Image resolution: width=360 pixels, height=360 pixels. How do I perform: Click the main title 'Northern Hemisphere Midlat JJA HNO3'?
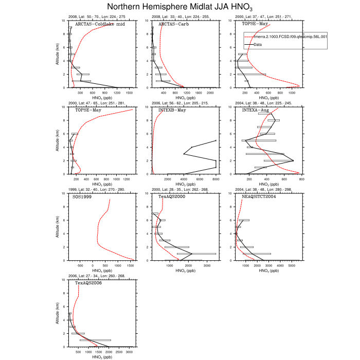(x=180, y=7)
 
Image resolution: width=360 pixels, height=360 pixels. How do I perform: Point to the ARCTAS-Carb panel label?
(x=173, y=24)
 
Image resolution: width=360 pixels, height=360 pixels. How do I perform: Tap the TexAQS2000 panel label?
(x=172, y=197)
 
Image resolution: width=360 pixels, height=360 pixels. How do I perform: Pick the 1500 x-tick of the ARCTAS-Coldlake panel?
(x=129, y=93)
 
